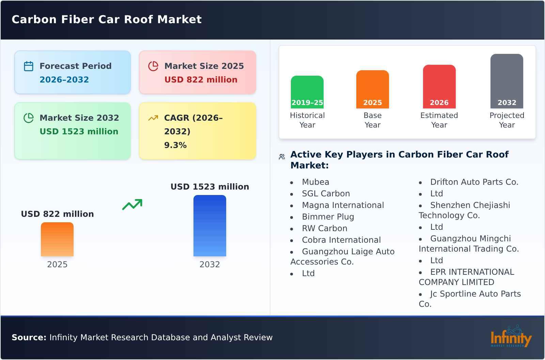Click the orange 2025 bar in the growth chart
(57, 239)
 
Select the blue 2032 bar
(209, 226)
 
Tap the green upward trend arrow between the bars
(132, 205)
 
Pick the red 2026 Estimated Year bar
(439, 87)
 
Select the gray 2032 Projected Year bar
(507, 81)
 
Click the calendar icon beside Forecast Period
(29, 66)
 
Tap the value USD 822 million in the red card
(201, 79)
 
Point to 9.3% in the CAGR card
(175, 145)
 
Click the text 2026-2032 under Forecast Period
(64, 79)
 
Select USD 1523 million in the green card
(79, 131)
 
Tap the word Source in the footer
(29, 337)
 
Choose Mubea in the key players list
(315, 182)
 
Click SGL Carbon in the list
(326, 194)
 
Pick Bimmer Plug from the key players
(328, 217)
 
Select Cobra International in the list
(341, 240)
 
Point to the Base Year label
(372, 120)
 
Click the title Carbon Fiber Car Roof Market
(107, 19)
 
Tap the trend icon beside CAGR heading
(153, 118)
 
